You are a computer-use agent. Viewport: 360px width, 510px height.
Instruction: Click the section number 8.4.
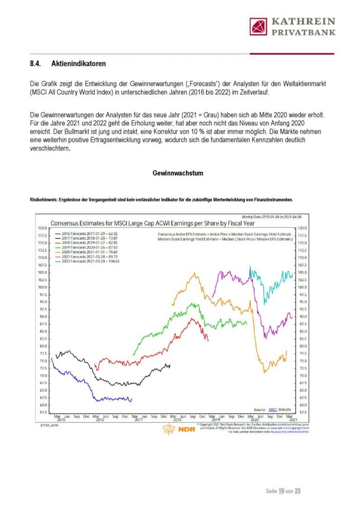tap(35, 64)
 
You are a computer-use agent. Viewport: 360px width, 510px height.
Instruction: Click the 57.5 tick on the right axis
tap(302, 412)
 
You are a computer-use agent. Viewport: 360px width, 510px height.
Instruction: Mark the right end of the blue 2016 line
tap(131, 399)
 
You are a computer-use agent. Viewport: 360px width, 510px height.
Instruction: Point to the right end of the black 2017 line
tap(170, 365)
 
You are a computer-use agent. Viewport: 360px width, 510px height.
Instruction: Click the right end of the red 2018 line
tap(208, 340)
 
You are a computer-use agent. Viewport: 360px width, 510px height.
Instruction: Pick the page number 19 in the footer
tap(281, 491)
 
